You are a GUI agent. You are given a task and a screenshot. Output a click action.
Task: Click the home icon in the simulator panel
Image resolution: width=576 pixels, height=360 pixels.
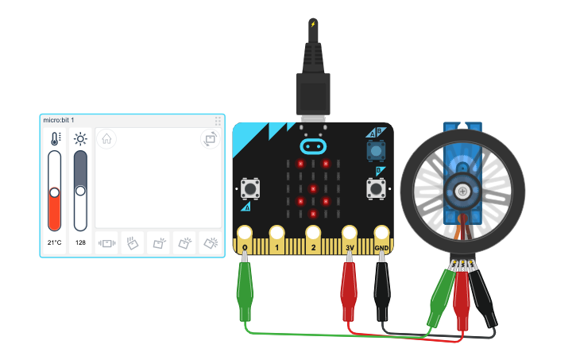coord(106,139)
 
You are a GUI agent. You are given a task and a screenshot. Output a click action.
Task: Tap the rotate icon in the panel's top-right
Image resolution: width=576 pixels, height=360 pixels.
coord(210,139)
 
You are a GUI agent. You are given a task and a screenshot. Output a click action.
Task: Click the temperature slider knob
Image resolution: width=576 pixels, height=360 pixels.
coord(55,192)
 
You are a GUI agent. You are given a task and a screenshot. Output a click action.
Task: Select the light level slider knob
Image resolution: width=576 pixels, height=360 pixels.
coord(80,190)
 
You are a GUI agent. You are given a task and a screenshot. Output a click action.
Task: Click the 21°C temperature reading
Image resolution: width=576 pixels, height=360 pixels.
coord(54,242)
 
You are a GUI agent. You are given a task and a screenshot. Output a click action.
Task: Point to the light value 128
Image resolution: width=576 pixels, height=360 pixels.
coord(80,242)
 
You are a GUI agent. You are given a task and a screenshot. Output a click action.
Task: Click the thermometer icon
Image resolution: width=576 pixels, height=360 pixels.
coord(55,139)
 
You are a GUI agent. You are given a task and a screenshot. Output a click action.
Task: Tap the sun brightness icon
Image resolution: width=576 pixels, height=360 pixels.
coord(80,139)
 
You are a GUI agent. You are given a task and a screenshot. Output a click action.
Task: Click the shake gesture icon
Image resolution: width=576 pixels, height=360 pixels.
coord(107,243)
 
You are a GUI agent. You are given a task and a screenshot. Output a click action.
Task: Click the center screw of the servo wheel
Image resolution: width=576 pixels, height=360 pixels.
coord(462,189)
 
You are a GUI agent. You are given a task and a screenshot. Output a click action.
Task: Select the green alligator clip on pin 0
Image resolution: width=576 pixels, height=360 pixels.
coord(245,290)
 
